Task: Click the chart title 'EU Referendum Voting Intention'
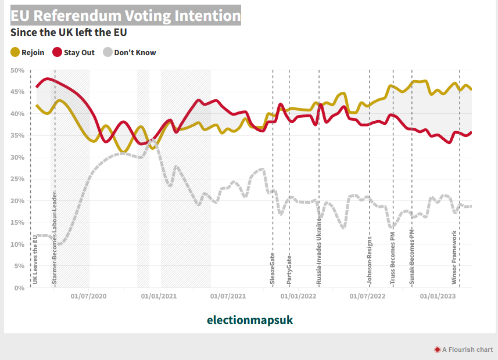pos(125,16)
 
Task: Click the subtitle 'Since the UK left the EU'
pos(69,33)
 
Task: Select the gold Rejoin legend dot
pos(15,52)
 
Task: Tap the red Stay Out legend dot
pos(58,52)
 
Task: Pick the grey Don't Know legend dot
pos(108,52)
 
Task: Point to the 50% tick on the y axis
pos(17,70)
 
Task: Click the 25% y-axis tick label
pos(17,179)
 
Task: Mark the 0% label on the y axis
pos(19,287)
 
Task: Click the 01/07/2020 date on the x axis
pos(89,296)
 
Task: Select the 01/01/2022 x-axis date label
pos(298,296)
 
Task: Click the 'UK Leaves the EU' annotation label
pos(35,256)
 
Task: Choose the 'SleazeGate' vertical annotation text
pos(273,268)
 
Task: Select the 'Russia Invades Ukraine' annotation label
pos(319,251)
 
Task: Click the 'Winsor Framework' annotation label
pos(454,257)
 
